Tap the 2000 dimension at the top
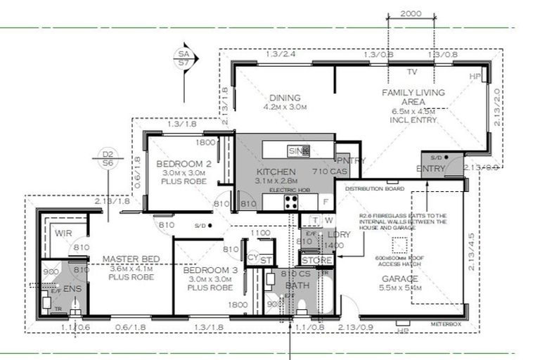point(411,13)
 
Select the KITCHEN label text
point(276,172)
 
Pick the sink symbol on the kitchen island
point(294,150)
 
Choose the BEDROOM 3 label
point(207,270)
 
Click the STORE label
point(316,261)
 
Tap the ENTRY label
point(431,169)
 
